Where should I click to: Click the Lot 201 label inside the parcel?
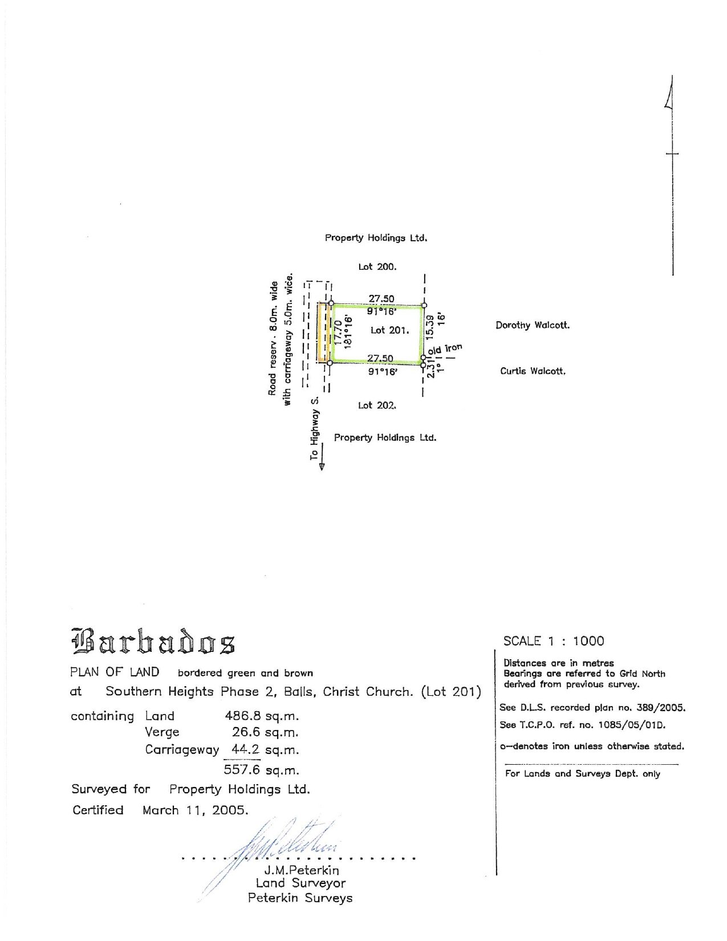pyautogui.click(x=389, y=330)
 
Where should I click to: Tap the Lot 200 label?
pyautogui.click(x=377, y=266)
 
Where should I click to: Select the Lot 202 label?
pyautogui.click(x=377, y=405)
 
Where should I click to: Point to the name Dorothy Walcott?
pyautogui.click(x=532, y=326)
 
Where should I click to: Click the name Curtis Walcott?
pyautogui.click(x=533, y=371)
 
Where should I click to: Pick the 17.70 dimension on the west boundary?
pyautogui.click(x=338, y=333)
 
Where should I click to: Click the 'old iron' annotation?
pyautogui.click(x=445, y=349)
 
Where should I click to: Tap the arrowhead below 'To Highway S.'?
pyautogui.click(x=322, y=465)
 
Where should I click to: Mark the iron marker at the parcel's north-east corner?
pyautogui.click(x=424, y=306)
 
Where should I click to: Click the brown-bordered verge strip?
pyautogui.click(x=323, y=333)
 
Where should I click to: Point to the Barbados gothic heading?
pyautogui.click(x=153, y=641)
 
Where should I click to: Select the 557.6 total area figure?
pyautogui.click(x=242, y=770)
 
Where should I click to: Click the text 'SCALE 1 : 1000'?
pyautogui.click(x=553, y=641)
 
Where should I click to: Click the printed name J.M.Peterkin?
pyautogui.click(x=301, y=870)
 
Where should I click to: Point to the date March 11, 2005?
pyautogui.click(x=195, y=810)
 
